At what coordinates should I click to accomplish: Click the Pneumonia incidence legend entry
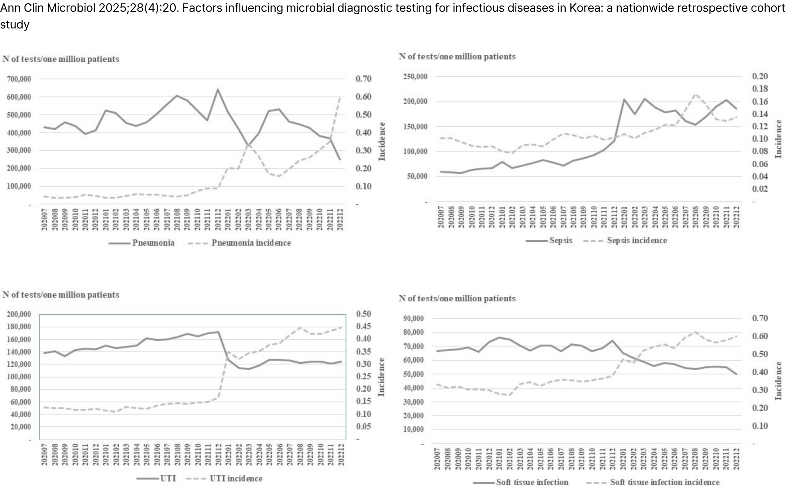(251, 243)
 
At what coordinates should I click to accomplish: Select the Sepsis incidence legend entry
(637, 241)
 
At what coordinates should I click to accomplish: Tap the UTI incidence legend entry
(236, 479)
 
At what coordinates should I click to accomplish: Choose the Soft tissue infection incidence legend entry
(664, 482)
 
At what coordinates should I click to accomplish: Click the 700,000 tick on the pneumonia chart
(19, 79)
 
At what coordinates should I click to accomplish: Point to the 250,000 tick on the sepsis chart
(415, 77)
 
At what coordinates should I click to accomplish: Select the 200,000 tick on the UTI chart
(19, 314)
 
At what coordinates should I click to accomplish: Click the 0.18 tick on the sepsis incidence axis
(760, 89)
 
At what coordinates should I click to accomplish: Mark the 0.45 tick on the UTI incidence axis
(363, 326)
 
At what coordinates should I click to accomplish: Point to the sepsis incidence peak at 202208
(695, 94)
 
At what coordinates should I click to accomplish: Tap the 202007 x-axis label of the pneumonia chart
(45, 219)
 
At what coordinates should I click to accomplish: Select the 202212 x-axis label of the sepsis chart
(736, 217)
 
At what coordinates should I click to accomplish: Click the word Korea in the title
(583, 8)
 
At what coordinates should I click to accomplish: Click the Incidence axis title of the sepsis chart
(778, 139)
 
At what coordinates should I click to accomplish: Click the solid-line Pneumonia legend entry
(153, 243)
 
